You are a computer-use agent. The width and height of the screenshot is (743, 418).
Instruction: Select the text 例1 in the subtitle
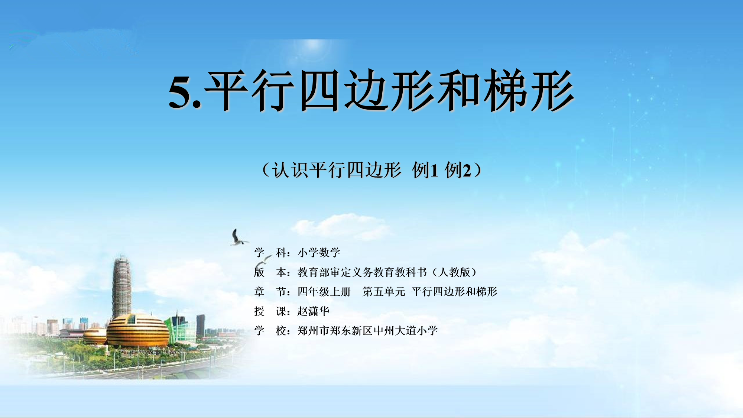click(x=425, y=170)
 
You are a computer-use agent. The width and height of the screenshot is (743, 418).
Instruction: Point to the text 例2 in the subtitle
click(x=458, y=170)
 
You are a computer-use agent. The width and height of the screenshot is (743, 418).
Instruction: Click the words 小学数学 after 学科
click(x=319, y=253)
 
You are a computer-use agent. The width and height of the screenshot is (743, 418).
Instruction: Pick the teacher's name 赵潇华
click(x=313, y=311)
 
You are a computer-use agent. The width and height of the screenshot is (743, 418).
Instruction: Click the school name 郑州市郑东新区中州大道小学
click(x=367, y=330)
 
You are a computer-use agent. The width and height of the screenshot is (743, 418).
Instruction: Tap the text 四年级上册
click(x=324, y=292)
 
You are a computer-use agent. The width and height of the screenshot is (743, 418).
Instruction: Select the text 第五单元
click(x=384, y=292)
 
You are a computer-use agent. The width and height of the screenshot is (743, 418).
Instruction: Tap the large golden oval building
click(x=138, y=330)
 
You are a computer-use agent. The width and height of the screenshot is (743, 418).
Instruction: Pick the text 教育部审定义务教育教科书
click(x=362, y=272)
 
